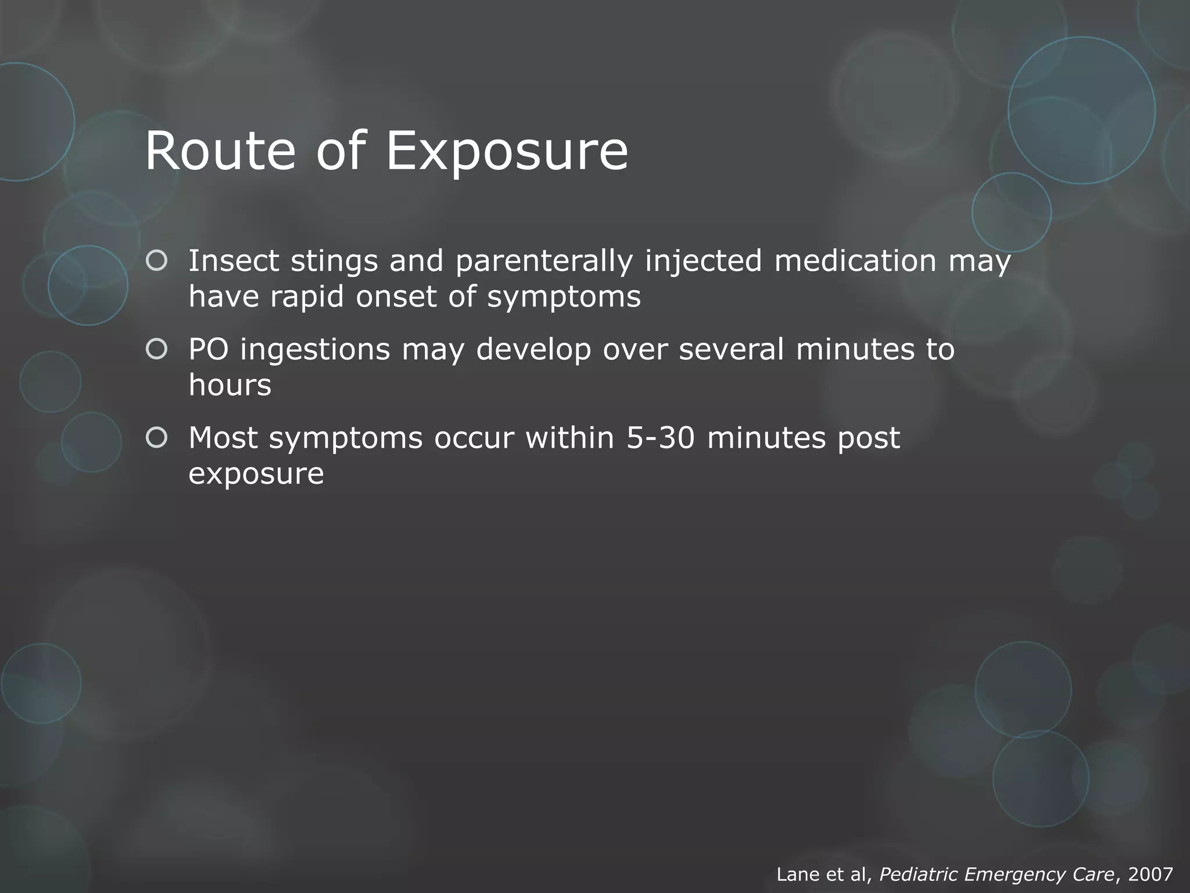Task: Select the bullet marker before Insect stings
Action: point(157,261)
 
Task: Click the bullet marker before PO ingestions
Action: point(157,349)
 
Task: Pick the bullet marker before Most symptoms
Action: point(157,438)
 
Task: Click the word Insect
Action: point(234,261)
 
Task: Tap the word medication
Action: point(855,261)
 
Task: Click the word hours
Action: point(230,385)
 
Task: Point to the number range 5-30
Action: point(661,438)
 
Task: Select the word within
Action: point(570,438)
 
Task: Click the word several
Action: point(732,350)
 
